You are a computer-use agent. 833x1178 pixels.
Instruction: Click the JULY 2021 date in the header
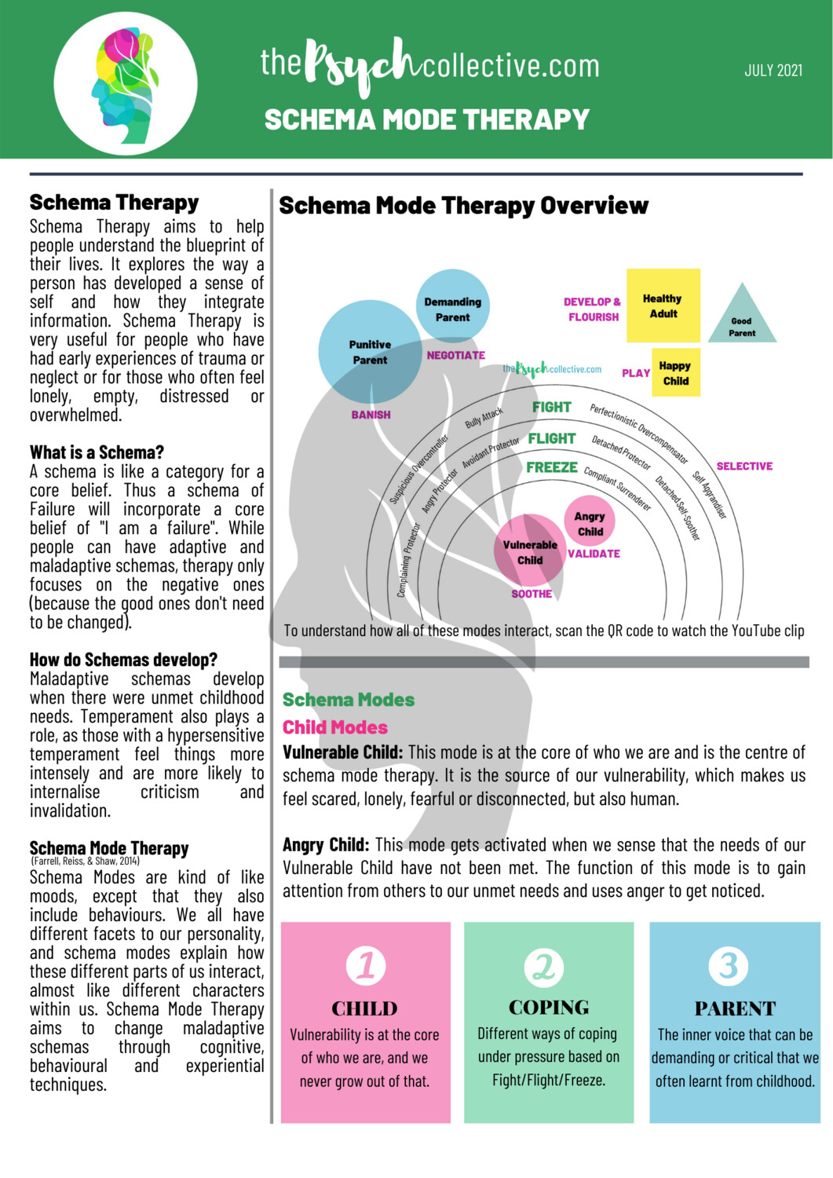pyautogui.click(x=773, y=71)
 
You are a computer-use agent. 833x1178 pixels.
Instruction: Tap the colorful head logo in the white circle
pyautogui.click(x=126, y=84)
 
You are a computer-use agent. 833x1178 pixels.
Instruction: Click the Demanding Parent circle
pyautogui.click(x=452, y=306)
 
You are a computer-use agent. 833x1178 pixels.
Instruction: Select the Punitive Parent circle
pyautogui.click(x=370, y=352)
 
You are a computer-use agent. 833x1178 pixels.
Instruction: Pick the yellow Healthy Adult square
pyautogui.click(x=663, y=305)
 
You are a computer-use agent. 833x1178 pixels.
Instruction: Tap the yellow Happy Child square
pyautogui.click(x=675, y=373)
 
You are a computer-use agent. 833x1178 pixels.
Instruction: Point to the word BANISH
pyautogui.click(x=371, y=415)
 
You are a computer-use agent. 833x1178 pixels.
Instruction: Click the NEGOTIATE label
pyautogui.click(x=455, y=355)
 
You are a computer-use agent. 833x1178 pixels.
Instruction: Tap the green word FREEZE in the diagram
pyautogui.click(x=551, y=467)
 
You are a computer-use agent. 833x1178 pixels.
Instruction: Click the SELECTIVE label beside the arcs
pyautogui.click(x=743, y=466)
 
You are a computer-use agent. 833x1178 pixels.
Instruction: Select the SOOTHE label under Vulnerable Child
pyautogui.click(x=532, y=594)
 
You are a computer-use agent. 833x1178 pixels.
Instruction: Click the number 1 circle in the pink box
pyautogui.click(x=366, y=965)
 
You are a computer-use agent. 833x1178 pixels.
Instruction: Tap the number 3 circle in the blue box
pyautogui.click(x=729, y=965)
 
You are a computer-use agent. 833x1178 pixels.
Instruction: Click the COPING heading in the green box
pyautogui.click(x=549, y=1008)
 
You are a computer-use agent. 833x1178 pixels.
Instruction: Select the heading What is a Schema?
pyautogui.click(x=97, y=452)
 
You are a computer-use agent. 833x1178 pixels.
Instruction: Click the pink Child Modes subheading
pyautogui.click(x=335, y=727)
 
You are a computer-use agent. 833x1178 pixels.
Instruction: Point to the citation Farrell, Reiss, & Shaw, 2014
pyautogui.click(x=85, y=861)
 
